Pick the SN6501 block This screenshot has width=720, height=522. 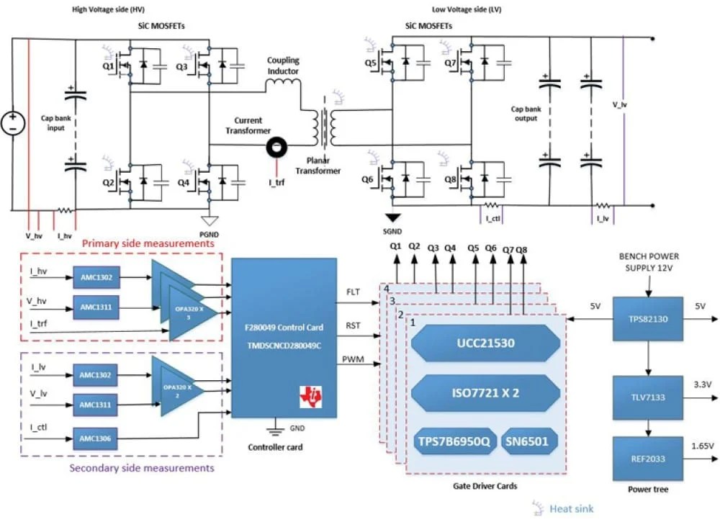pos(530,441)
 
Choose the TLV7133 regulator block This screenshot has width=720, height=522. pos(647,396)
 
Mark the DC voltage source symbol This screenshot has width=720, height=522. pos(12,122)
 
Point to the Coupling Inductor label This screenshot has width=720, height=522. pos(283,66)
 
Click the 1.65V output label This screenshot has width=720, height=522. pos(701,446)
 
